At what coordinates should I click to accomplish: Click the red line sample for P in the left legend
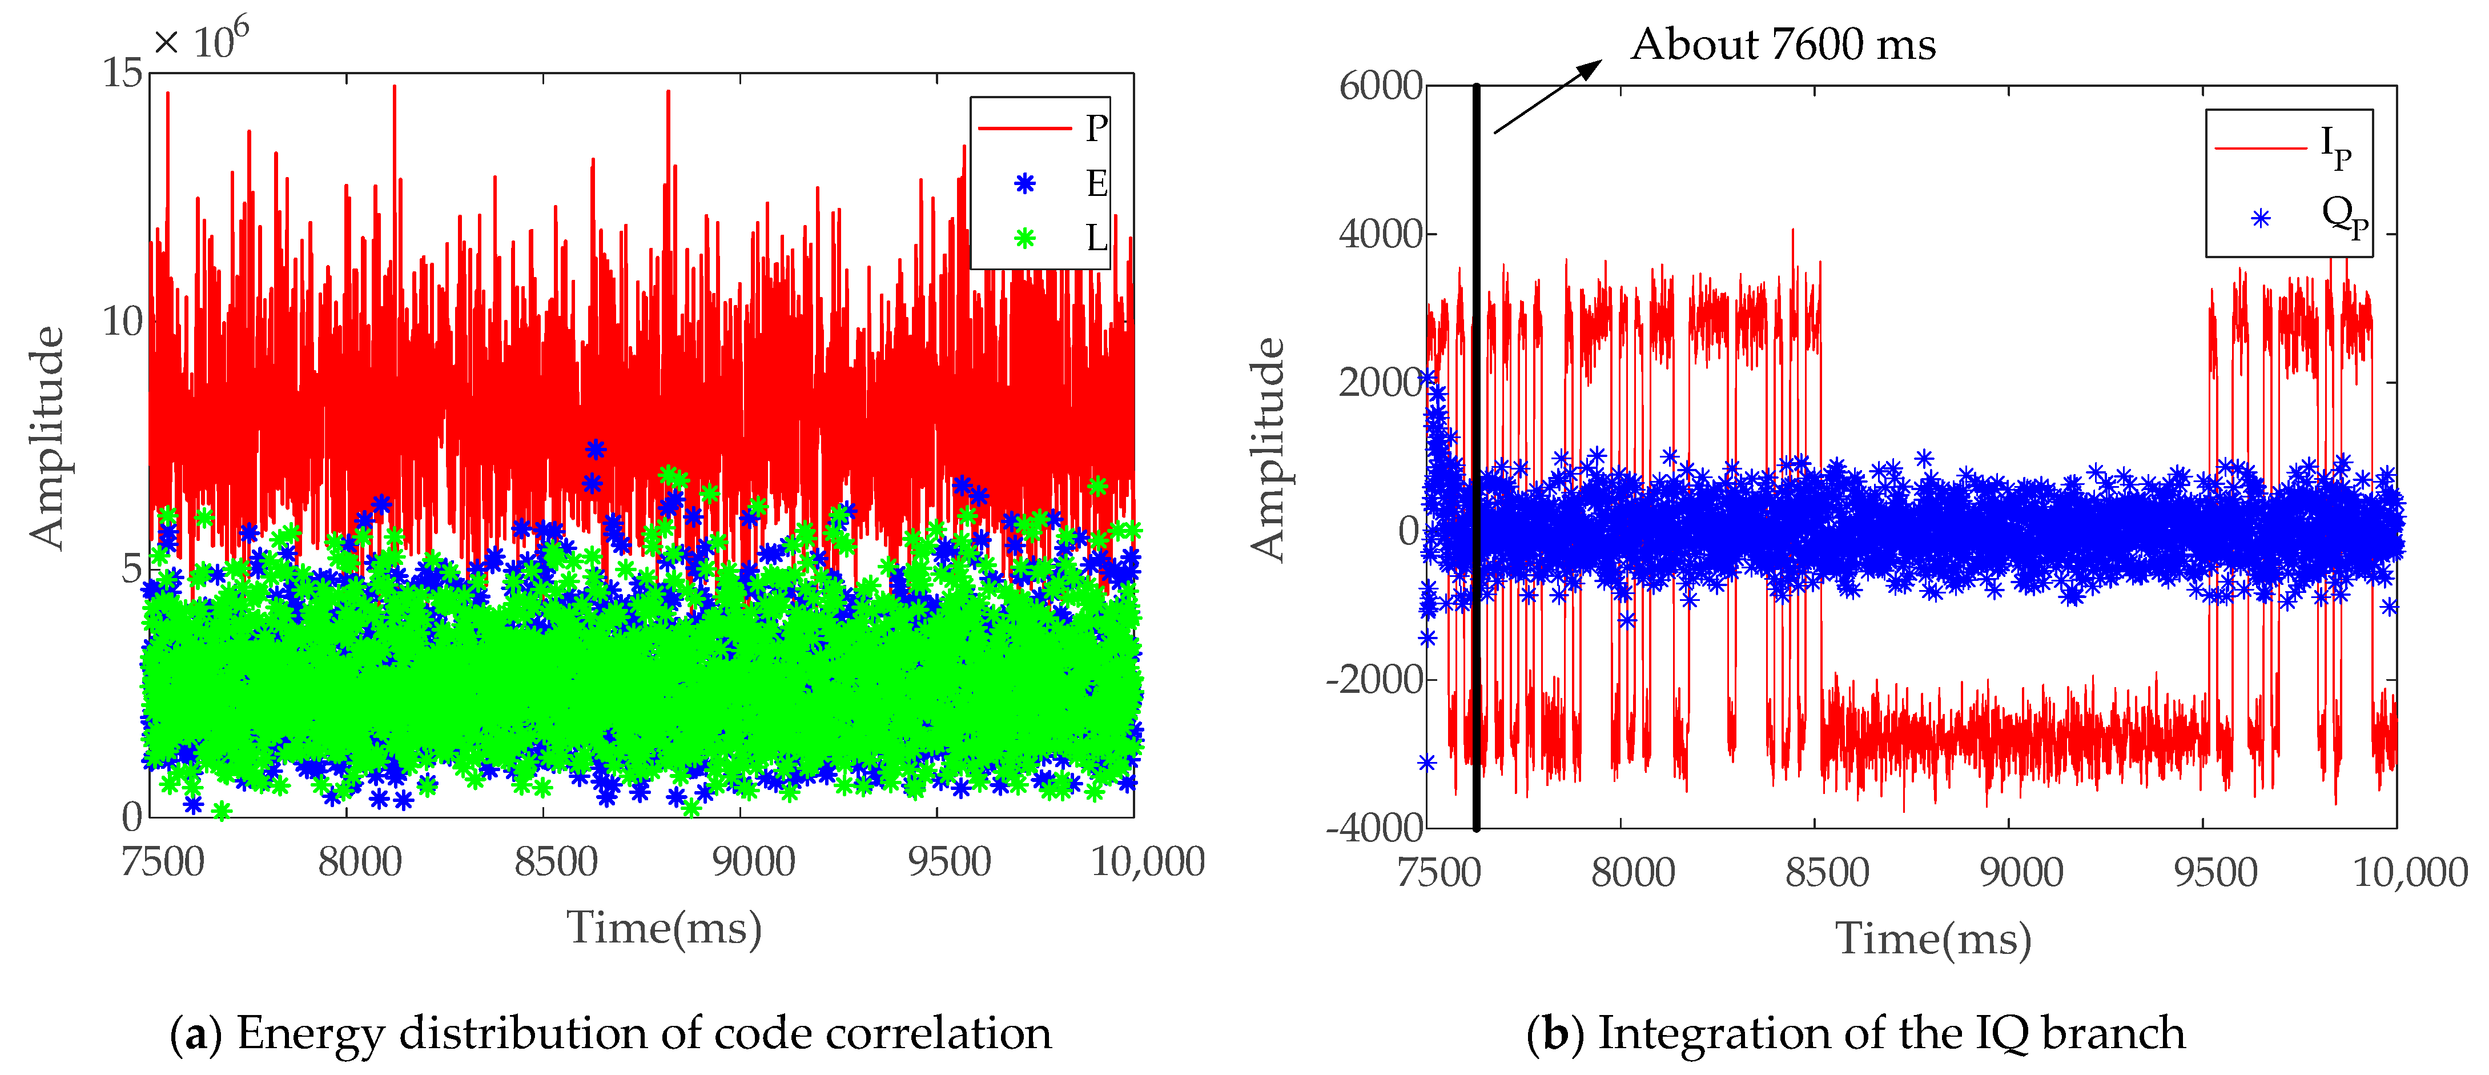(1024, 127)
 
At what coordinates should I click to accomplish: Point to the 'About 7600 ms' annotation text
(1783, 45)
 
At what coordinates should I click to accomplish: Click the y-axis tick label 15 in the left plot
(123, 74)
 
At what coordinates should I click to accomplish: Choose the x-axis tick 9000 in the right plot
(2021, 872)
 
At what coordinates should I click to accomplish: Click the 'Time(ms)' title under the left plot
(664, 928)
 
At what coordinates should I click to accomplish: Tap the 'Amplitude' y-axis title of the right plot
(1268, 450)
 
